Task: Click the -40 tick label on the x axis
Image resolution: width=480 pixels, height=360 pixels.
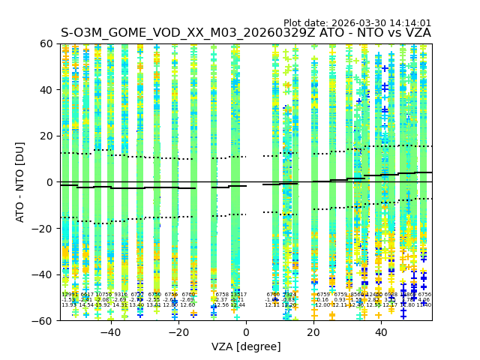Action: click(110, 332)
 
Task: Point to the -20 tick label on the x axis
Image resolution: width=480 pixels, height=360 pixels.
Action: click(178, 332)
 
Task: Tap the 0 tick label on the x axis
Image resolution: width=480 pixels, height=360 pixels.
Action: click(246, 332)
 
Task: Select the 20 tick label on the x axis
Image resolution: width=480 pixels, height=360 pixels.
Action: click(314, 332)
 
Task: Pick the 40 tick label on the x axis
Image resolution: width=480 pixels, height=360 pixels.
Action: click(382, 332)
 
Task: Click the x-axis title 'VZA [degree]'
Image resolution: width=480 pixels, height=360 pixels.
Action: click(246, 346)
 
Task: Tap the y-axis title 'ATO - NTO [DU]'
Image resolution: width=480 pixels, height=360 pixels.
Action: click(21, 182)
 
